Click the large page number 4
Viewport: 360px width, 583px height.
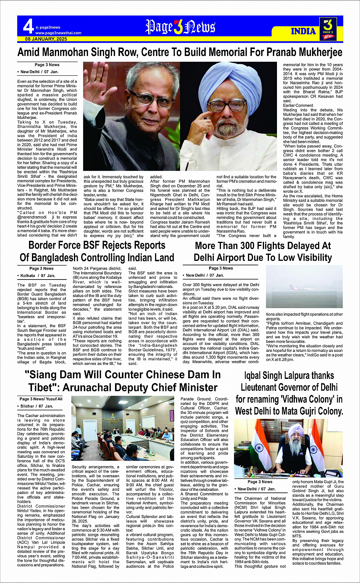28,27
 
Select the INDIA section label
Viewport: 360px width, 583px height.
303,31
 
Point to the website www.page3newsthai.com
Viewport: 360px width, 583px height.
58,33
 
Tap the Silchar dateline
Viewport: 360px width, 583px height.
27,406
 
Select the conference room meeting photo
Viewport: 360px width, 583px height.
123,428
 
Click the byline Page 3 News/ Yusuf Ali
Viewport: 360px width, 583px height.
41,399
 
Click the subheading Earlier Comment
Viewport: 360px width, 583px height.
298,105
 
